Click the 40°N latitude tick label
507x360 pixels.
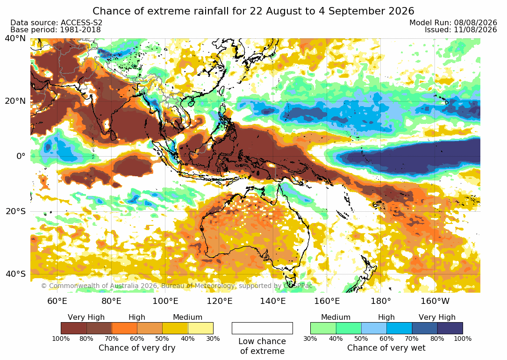pos(15,38)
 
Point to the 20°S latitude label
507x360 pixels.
pos(15,211)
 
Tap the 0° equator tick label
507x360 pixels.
pos(21,156)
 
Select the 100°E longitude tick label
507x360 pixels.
pos(165,301)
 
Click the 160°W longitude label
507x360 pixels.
pos(435,301)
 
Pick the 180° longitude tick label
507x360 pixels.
pos(381,301)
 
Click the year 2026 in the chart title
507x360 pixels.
pos(401,11)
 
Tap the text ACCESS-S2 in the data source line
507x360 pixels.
pos(81,22)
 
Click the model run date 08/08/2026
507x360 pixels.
pos(475,22)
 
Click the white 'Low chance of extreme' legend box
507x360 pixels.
pos(262,328)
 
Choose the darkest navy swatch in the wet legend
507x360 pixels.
pos(450,328)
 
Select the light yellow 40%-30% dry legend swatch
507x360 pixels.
pos(200,328)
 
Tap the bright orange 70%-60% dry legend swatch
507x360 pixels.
pos(124,328)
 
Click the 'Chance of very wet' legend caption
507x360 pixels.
pos(386,348)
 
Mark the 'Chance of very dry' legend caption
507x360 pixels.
pos(137,348)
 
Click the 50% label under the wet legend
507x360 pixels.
pos(361,338)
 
